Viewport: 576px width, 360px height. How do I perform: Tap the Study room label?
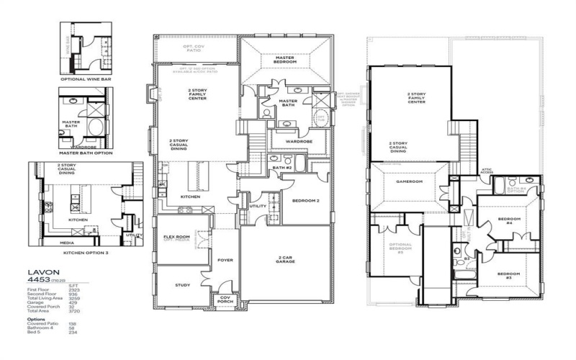click(182, 285)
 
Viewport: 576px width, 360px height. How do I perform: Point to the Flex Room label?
click(176, 238)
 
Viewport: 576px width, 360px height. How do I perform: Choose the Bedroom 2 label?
click(306, 201)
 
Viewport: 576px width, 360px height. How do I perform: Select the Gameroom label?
click(407, 182)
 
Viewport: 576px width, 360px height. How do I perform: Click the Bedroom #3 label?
click(509, 275)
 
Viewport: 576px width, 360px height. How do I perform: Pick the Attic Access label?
click(487, 171)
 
